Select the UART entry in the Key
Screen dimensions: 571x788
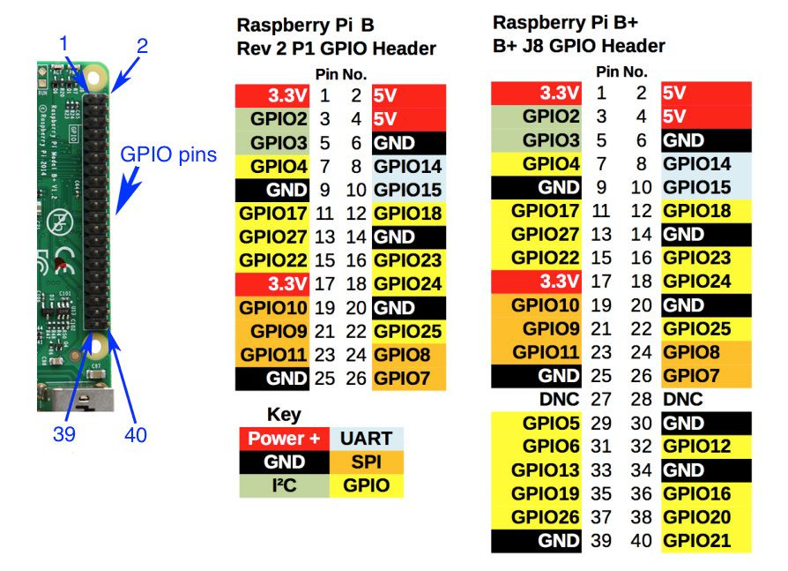point(367,439)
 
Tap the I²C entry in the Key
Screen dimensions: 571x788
point(284,485)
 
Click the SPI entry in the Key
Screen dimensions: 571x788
point(367,462)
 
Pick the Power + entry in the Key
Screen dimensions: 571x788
point(284,439)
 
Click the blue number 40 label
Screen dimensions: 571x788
point(135,434)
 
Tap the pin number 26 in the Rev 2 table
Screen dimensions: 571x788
point(355,379)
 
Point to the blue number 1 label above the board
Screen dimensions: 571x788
point(63,42)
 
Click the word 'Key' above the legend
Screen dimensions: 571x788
point(284,415)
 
